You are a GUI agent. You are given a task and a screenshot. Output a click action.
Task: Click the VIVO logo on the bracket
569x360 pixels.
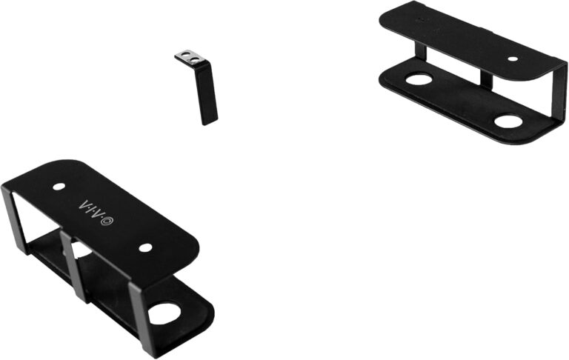click(96, 209)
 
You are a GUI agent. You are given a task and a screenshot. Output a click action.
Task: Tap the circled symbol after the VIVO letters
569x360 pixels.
click(108, 219)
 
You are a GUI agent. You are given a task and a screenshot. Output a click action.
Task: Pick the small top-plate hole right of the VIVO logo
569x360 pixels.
click(145, 247)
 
